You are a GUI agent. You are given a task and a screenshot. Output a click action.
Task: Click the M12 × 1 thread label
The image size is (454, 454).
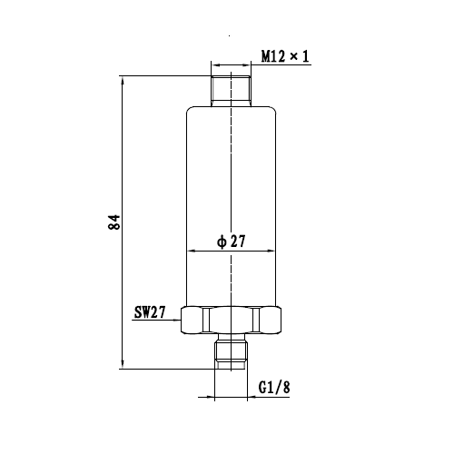click(285, 56)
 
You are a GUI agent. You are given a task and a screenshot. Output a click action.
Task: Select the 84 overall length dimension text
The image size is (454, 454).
click(114, 222)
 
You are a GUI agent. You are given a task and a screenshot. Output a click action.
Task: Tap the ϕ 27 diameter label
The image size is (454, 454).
click(231, 242)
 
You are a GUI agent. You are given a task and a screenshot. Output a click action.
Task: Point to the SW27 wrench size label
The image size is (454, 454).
click(150, 312)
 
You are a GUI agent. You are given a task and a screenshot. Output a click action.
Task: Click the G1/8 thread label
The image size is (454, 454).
click(274, 387)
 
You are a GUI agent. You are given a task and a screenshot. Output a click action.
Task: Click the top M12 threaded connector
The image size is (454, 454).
click(231, 91)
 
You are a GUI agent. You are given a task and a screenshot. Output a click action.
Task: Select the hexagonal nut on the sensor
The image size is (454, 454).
click(231, 321)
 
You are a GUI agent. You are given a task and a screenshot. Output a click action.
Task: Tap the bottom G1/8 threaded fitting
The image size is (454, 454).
click(231, 354)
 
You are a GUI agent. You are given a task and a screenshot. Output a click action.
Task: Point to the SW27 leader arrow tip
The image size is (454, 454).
click(181, 320)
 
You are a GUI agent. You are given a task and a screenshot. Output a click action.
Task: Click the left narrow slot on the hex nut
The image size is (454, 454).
click(206, 321)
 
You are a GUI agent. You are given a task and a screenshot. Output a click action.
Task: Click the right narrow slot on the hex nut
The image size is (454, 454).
click(256, 321)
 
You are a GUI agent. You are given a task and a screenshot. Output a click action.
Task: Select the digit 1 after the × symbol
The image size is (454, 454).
click(305, 56)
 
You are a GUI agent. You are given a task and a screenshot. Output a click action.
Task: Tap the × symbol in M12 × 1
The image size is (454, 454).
click(293, 55)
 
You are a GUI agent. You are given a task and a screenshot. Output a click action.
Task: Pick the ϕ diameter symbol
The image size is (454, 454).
click(222, 242)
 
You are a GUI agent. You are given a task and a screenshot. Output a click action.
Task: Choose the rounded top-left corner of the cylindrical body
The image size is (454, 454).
click(189, 109)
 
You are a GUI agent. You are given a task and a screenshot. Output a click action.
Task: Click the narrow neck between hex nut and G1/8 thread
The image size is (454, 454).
click(231, 337)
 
